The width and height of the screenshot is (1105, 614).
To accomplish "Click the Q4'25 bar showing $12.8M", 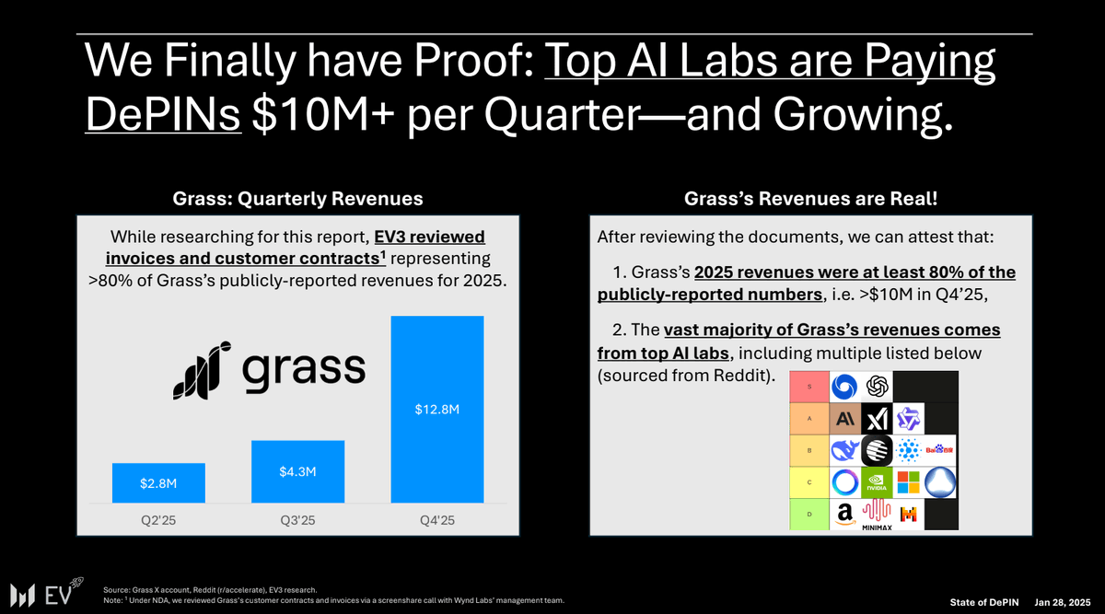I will click(x=437, y=410).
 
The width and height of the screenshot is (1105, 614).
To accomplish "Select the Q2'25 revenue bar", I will click(x=158, y=482).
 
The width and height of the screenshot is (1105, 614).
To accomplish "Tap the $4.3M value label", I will click(x=297, y=472).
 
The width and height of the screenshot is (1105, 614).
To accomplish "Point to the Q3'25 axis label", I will click(x=297, y=521).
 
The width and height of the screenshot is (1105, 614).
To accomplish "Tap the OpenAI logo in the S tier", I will click(x=877, y=387).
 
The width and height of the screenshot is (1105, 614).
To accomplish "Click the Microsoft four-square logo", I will click(x=909, y=482).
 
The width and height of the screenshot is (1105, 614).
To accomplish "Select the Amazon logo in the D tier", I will click(x=844, y=515).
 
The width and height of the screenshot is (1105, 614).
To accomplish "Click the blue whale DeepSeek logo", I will click(x=844, y=450).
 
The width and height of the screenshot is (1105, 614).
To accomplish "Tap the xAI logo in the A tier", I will click(x=877, y=419).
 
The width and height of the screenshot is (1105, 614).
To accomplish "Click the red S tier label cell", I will click(x=809, y=387).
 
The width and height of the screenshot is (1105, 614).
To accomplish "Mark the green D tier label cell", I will click(x=809, y=515).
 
